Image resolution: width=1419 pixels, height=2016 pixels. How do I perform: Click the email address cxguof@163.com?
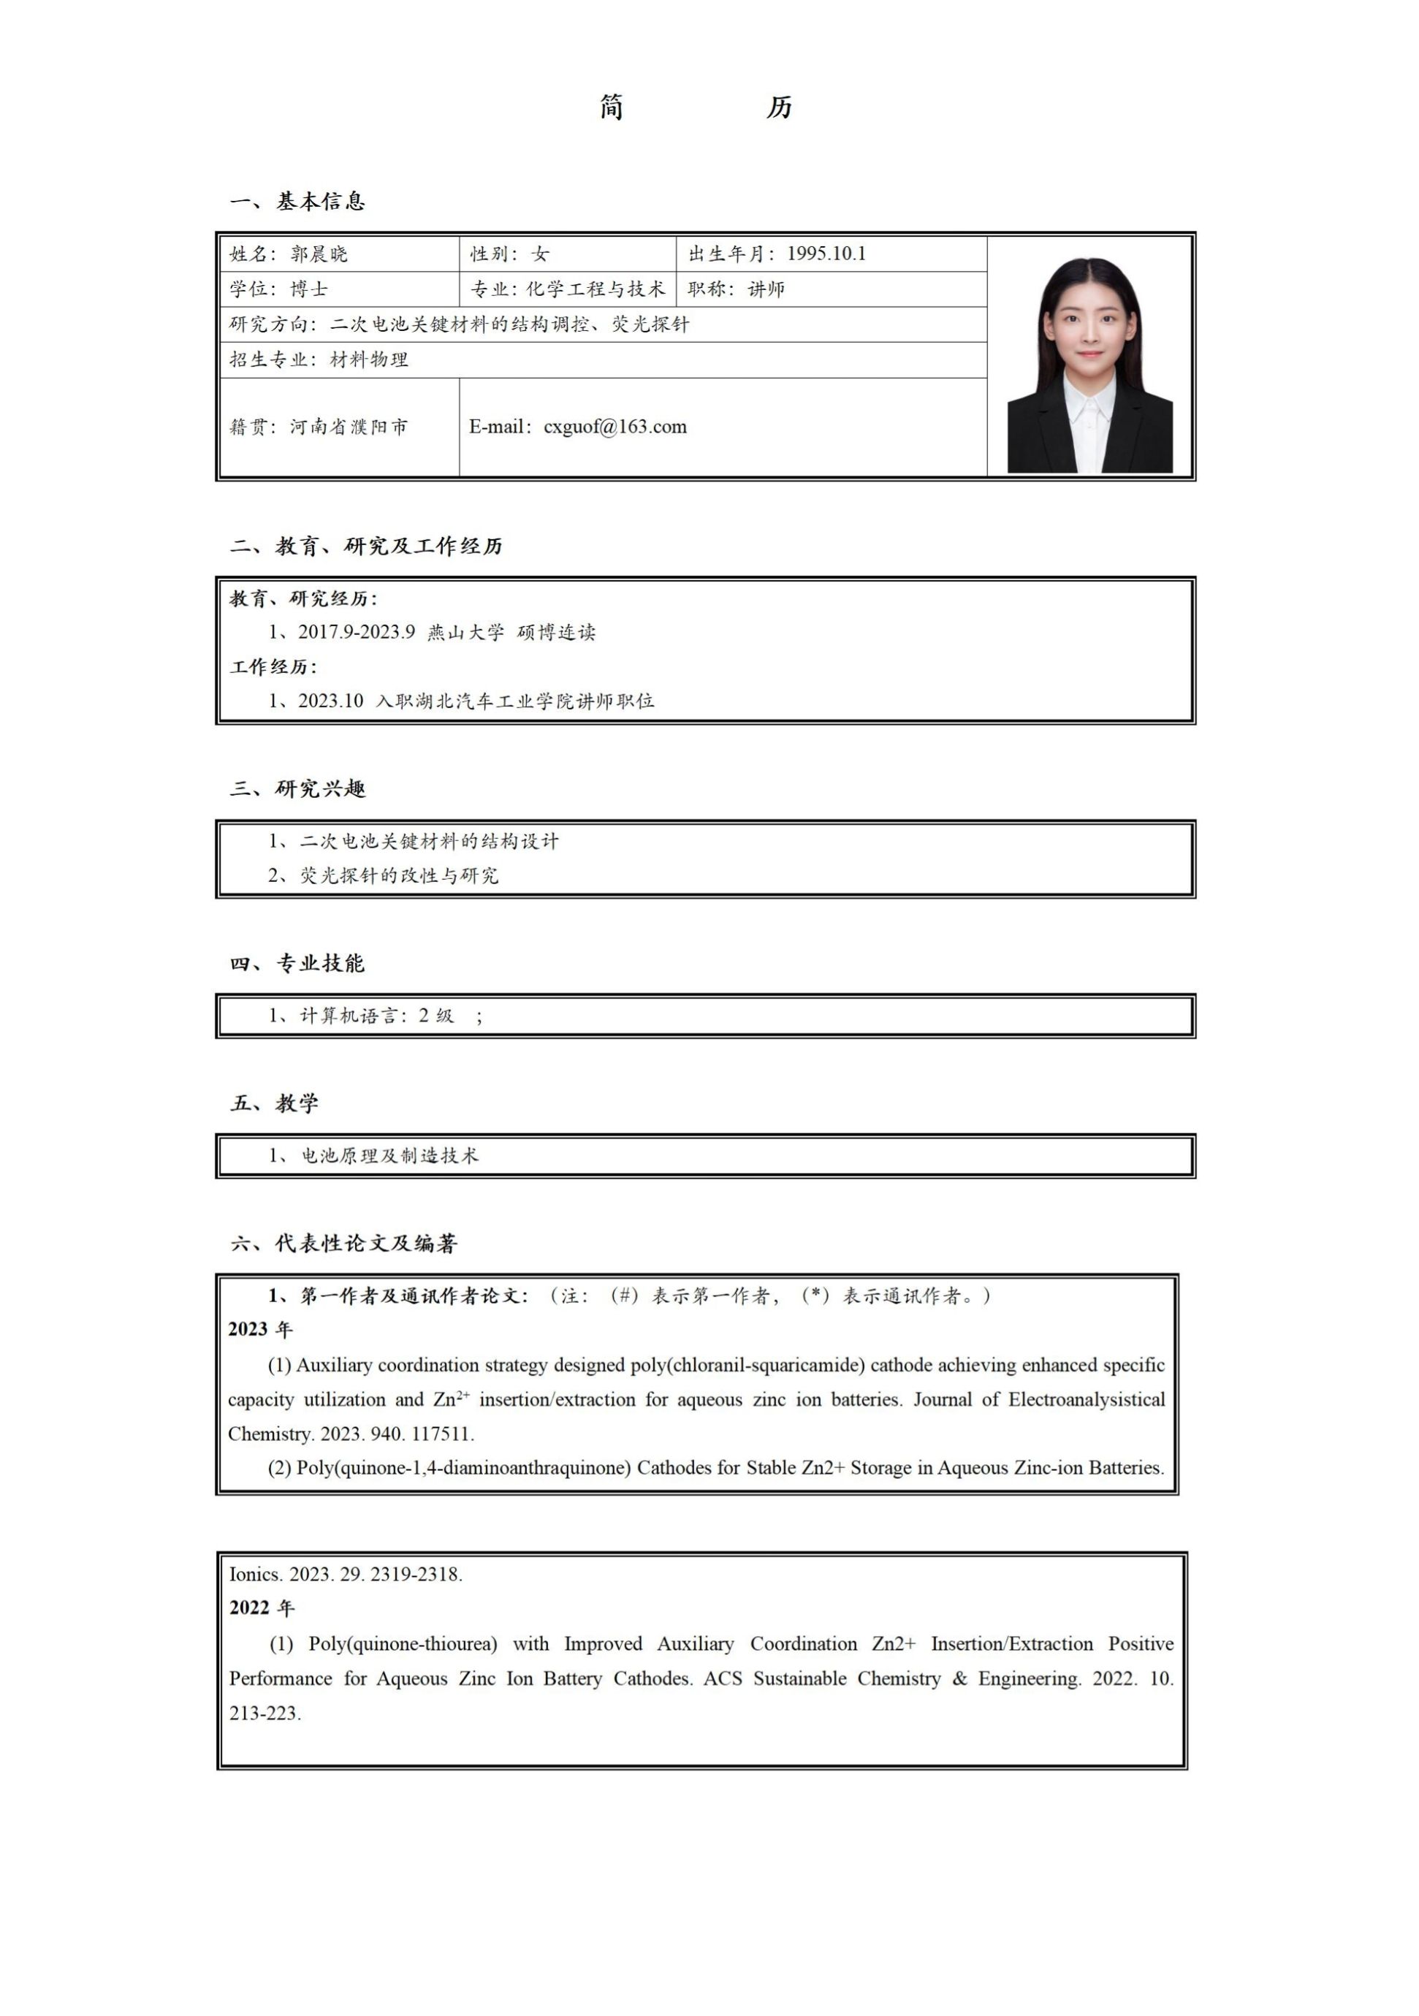[615, 427]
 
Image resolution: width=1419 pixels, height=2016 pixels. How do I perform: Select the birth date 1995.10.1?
[826, 254]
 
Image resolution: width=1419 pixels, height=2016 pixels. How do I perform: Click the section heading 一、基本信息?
[297, 201]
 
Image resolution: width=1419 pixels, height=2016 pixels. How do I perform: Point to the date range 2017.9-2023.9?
[356, 632]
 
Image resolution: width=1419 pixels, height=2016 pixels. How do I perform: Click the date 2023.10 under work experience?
[330, 701]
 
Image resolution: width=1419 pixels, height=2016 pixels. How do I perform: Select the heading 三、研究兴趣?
[297, 788]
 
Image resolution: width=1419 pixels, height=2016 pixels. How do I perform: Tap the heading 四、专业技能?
[297, 963]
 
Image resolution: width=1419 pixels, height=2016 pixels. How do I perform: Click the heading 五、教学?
[274, 1103]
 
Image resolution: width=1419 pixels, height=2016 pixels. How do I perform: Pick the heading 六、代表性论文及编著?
[343, 1244]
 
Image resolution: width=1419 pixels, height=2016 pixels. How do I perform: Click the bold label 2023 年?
[260, 1329]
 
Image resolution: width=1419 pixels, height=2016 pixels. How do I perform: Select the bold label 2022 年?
[262, 1608]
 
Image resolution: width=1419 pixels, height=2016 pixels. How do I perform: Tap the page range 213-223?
[265, 1712]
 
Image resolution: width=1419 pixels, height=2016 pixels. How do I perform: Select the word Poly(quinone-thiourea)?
[402, 1643]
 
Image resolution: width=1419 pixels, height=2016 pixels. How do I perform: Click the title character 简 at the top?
[612, 107]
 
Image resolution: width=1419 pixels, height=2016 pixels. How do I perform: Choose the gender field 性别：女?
[509, 254]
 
